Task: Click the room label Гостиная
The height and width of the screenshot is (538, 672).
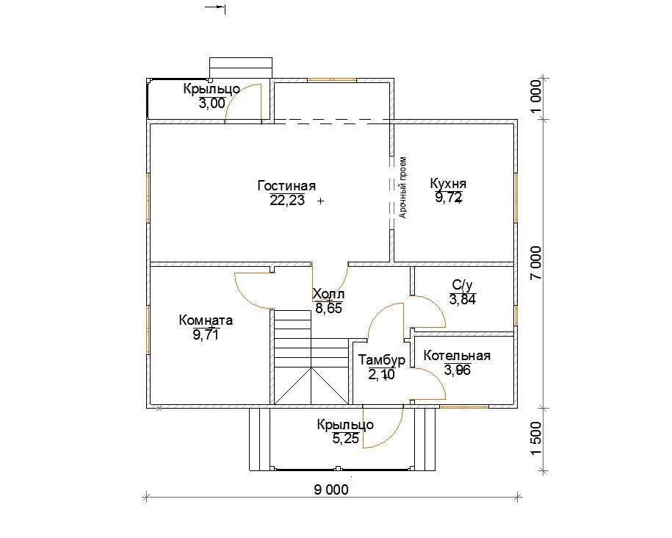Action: click(x=286, y=186)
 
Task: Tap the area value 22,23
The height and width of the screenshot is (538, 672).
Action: click(x=287, y=200)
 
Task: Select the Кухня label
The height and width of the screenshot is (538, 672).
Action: click(x=448, y=184)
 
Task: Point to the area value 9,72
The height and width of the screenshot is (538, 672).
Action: click(x=449, y=198)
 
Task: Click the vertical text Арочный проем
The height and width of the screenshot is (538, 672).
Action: click(x=403, y=187)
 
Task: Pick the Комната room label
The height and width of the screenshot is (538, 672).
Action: click(x=206, y=320)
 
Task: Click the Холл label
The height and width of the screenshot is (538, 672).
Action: click(x=328, y=294)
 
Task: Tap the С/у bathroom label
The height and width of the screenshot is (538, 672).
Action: click(x=463, y=285)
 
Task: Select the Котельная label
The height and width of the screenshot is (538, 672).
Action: click(x=457, y=356)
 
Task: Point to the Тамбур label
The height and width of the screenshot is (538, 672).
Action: click(x=382, y=360)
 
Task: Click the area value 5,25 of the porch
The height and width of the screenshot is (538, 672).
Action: click(x=346, y=439)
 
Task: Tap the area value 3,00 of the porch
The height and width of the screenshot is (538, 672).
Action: click(x=212, y=103)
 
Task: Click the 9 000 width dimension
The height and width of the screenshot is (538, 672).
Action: click(x=331, y=489)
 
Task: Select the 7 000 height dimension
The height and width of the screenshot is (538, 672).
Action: click(x=536, y=262)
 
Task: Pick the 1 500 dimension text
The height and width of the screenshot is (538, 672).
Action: click(x=536, y=438)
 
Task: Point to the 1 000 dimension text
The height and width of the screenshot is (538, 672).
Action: click(x=536, y=97)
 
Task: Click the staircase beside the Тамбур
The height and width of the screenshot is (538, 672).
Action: click(x=311, y=357)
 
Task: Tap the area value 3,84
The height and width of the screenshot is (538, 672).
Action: click(x=463, y=299)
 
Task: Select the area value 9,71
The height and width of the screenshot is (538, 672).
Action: click(x=206, y=334)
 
